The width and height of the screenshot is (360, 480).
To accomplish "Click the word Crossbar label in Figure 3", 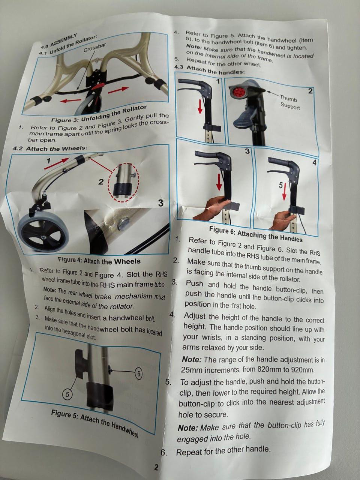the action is [94, 48].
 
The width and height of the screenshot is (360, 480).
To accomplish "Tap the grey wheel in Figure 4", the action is [43, 233].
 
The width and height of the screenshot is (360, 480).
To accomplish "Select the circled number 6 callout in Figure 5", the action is [138, 374].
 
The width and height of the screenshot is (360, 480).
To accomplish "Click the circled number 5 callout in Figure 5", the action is [67, 394].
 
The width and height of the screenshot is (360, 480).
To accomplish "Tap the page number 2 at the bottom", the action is [156, 467].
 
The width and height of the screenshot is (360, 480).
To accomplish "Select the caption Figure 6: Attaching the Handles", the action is [256, 234].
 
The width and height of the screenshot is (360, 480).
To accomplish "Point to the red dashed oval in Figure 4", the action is [124, 182].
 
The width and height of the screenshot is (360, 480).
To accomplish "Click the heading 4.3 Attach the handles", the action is [209, 70].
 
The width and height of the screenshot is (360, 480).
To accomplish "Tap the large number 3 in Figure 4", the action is [160, 203].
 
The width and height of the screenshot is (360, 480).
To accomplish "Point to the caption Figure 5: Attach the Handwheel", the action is [94, 424].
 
